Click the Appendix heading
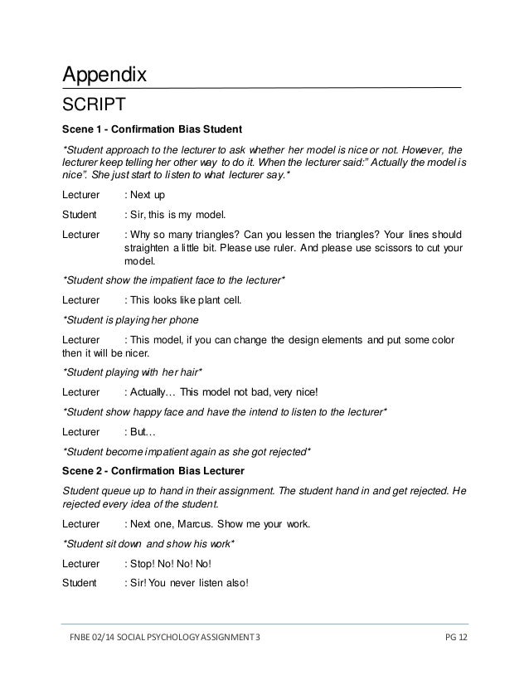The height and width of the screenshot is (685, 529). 104,75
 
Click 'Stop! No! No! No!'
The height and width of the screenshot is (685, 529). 172,563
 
